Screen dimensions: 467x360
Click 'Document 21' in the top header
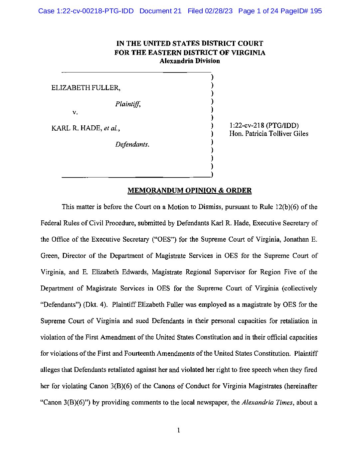coord(160,11)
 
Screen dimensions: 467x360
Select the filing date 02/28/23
coord(219,11)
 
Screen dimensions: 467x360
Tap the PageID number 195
coord(316,11)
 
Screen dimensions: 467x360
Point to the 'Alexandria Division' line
coord(190,61)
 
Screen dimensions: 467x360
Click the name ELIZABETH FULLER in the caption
coord(86,88)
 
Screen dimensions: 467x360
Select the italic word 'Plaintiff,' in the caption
coord(128,104)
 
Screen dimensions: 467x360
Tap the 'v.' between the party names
coord(75,112)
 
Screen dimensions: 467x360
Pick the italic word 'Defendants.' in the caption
coord(132,145)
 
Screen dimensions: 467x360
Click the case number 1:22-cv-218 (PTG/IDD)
coord(264,126)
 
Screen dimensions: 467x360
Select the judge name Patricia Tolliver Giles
coord(277,134)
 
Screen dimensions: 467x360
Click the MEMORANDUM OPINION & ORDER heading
coord(190,190)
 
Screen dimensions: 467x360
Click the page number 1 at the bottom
coord(179,430)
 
